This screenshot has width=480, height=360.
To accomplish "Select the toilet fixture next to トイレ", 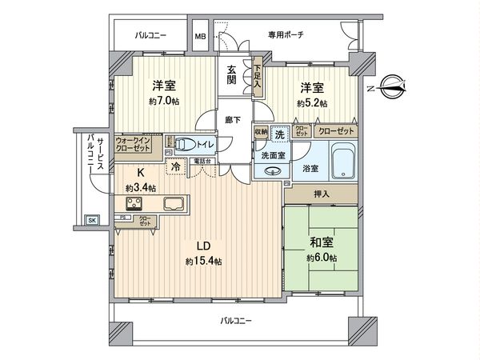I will pyautogui.click(x=183, y=145).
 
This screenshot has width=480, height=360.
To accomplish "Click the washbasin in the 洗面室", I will pyautogui.click(x=266, y=170).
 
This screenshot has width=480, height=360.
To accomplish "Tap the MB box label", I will pyautogui.click(x=200, y=37).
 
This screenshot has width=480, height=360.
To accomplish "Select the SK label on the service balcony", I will pyautogui.click(x=91, y=220).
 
